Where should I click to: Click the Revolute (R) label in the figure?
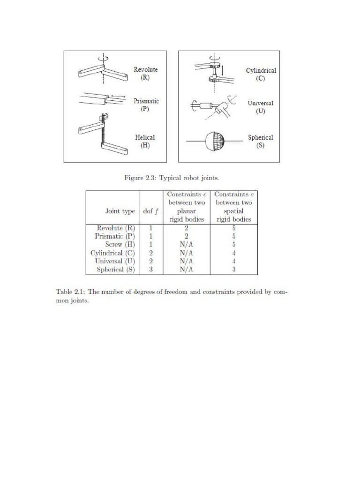tap(146, 74)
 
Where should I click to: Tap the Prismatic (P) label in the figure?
tap(146, 105)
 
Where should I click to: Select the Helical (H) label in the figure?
tap(145, 142)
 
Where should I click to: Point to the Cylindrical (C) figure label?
tap(261, 75)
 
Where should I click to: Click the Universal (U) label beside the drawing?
tap(261, 107)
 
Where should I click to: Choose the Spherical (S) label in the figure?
tap(261, 142)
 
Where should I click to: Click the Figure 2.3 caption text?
tap(172, 178)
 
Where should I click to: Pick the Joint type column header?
tap(120, 211)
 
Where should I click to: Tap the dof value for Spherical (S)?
tap(151, 270)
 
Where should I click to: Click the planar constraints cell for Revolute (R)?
tap(186, 228)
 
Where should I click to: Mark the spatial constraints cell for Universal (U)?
tap(233, 261)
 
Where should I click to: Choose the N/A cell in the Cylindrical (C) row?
tap(186, 253)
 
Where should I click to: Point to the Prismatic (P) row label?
tap(115, 236)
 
